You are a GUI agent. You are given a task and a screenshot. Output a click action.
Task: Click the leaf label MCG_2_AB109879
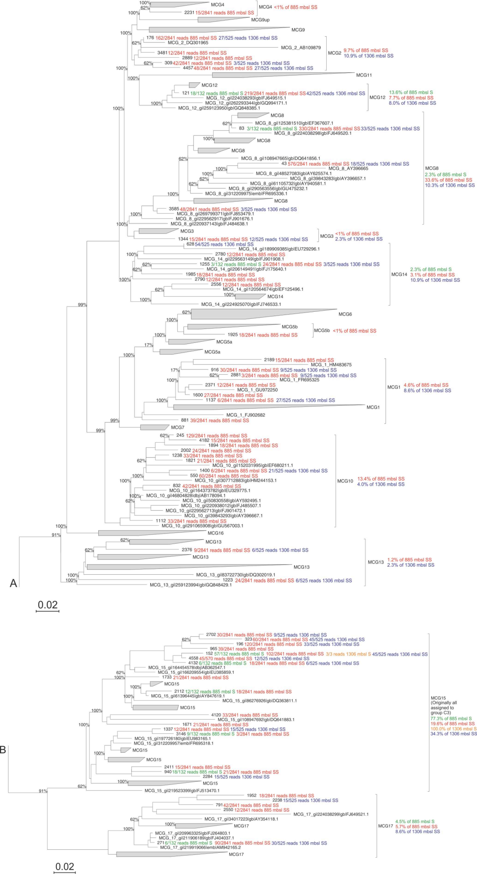(x=301, y=48)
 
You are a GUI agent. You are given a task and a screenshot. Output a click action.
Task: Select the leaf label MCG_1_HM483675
(x=331, y=365)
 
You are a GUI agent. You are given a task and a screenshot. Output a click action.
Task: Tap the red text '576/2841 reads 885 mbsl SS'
(x=318, y=164)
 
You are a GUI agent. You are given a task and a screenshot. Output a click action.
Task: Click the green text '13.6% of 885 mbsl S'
(x=411, y=92)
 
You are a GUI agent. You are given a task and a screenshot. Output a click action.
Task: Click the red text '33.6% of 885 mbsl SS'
(x=448, y=180)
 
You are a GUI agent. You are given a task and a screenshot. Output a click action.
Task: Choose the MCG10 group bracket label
(x=345, y=481)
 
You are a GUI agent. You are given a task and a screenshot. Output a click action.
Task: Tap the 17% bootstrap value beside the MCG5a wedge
(x=148, y=345)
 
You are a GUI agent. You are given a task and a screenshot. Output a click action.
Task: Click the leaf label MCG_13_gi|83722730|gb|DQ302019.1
(x=235, y=575)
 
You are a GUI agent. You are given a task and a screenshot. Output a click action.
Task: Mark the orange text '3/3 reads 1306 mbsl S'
(x=348, y=654)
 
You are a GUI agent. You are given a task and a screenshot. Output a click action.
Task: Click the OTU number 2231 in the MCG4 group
(x=189, y=12)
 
